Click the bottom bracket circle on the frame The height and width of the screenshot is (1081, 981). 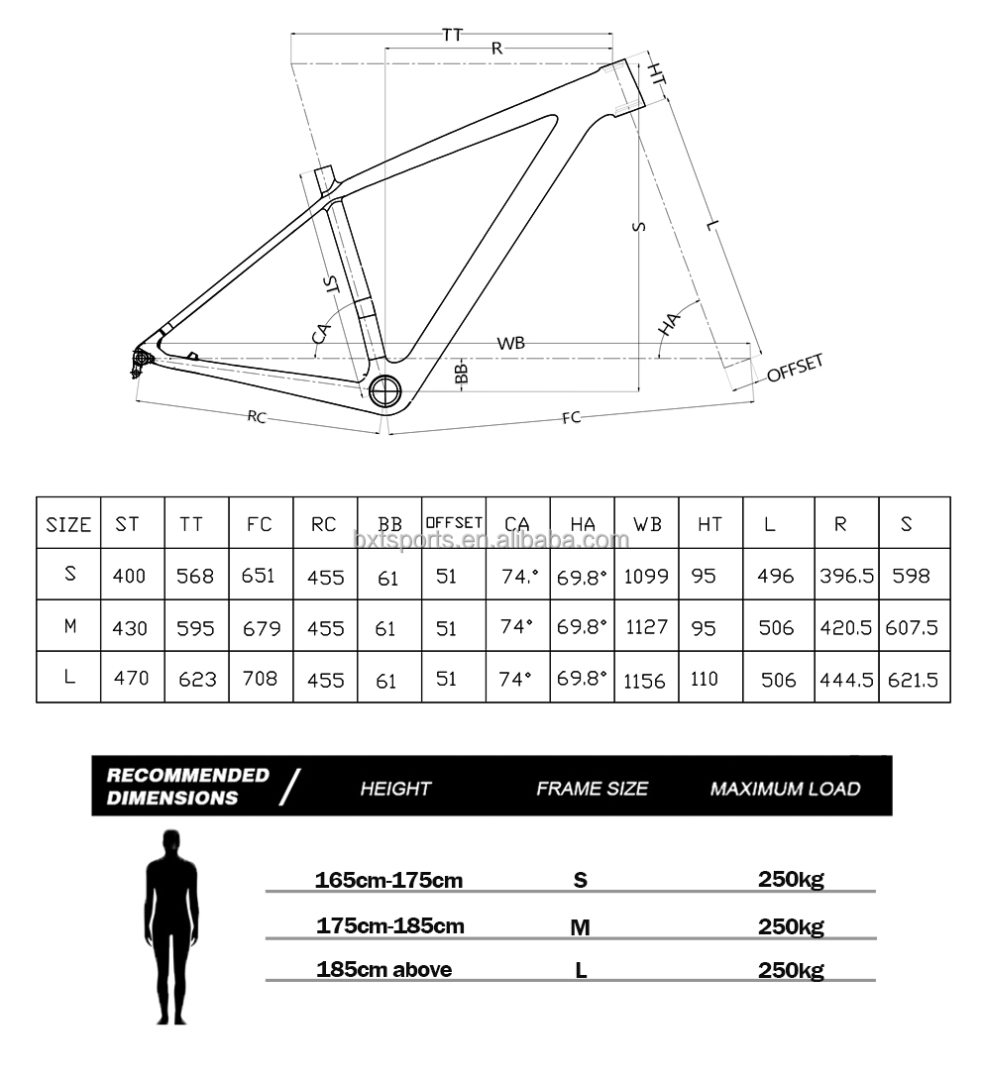click(x=386, y=390)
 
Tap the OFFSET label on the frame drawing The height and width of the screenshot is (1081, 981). click(x=795, y=368)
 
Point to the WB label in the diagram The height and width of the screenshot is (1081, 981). click(x=511, y=343)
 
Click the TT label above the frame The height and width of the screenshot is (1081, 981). click(x=452, y=34)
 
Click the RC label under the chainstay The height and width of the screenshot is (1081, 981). click(x=257, y=417)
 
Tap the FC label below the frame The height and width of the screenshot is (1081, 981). click(x=571, y=418)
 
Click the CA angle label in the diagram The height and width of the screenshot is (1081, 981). click(x=321, y=332)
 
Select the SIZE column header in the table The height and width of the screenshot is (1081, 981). click(x=68, y=525)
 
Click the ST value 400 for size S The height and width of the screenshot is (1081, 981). click(x=131, y=575)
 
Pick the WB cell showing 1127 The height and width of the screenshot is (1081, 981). click(x=646, y=627)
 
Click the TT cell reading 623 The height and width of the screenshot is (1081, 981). click(x=195, y=680)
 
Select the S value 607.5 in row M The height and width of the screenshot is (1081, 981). click(x=914, y=628)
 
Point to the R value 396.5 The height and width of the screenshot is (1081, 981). click(x=846, y=576)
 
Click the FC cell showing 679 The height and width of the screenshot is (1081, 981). click(x=261, y=628)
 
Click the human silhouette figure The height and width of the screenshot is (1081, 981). click(x=172, y=926)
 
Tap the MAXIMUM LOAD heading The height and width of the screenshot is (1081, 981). click(x=785, y=789)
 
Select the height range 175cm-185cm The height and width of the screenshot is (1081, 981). click(x=389, y=926)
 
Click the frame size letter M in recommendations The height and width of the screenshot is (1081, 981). click(x=581, y=928)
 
